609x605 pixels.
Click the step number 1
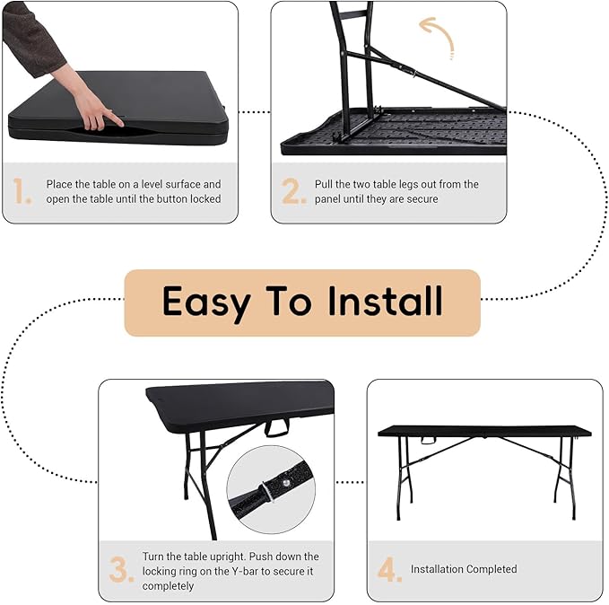coord(22,191)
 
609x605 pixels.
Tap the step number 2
coord(293,191)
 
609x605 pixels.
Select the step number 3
coord(121,570)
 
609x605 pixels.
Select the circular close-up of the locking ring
coord(270,489)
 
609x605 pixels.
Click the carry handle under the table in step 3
coord(277,427)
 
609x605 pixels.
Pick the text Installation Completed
coord(464,569)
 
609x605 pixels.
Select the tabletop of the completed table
coord(484,431)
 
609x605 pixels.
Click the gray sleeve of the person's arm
coord(31,36)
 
